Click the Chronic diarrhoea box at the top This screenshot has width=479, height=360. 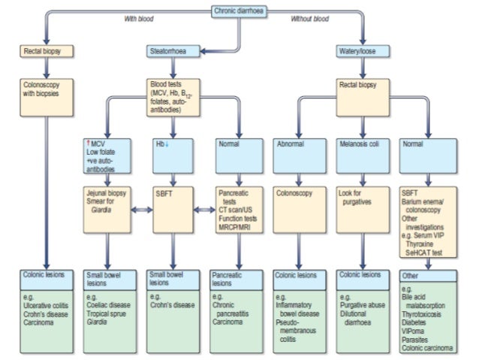coord(240,11)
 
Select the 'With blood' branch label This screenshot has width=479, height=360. coord(137,19)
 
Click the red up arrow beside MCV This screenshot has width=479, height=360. coord(88,142)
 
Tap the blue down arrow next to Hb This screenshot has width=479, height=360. coord(167,142)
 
